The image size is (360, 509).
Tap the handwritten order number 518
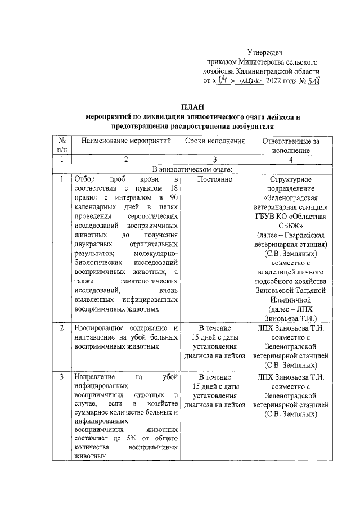(312, 80)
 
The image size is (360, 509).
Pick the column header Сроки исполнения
(215, 141)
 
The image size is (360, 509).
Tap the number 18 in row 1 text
(174, 188)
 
